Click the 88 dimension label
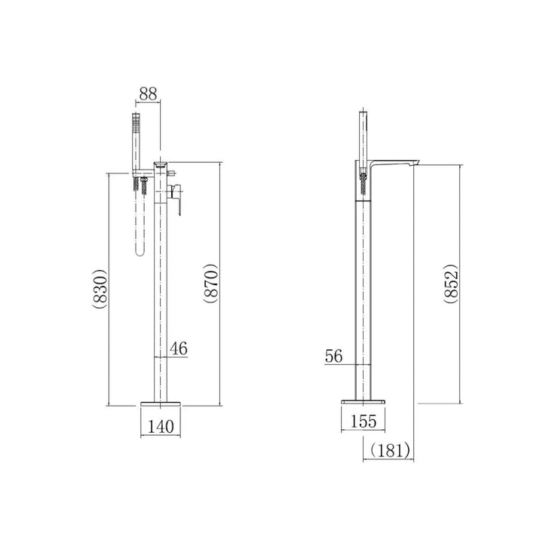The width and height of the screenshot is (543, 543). click(x=148, y=94)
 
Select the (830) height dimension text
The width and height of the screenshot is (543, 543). click(x=100, y=288)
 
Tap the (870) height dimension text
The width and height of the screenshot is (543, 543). click(x=211, y=284)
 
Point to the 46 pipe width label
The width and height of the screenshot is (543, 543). click(x=179, y=348)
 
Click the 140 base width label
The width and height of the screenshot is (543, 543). click(x=161, y=427)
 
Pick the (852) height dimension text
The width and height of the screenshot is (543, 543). click(x=451, y=284)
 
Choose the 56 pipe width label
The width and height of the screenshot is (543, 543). click(x=334, y=356)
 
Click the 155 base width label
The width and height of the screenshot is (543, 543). click(x=364, y=422)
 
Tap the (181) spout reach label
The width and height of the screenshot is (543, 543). click(x=390, y=450)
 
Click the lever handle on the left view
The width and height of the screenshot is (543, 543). click(x=176, y=199)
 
